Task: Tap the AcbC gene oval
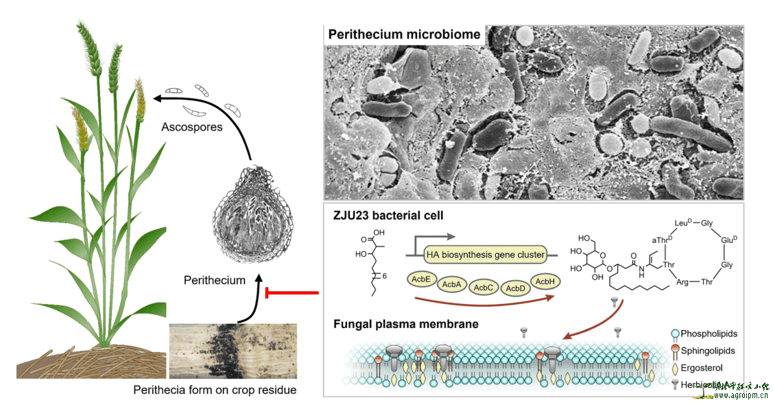pos(483,288)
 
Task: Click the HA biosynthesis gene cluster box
pos(486,255)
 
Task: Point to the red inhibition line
pos(292,294)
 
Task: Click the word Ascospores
pos(192,127)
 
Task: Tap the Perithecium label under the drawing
pos(214,280)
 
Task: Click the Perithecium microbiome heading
pos(405,35)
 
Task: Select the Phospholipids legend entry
pos(710,334)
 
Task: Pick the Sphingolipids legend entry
pos(709,351)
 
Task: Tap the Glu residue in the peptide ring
pos(728,240)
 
